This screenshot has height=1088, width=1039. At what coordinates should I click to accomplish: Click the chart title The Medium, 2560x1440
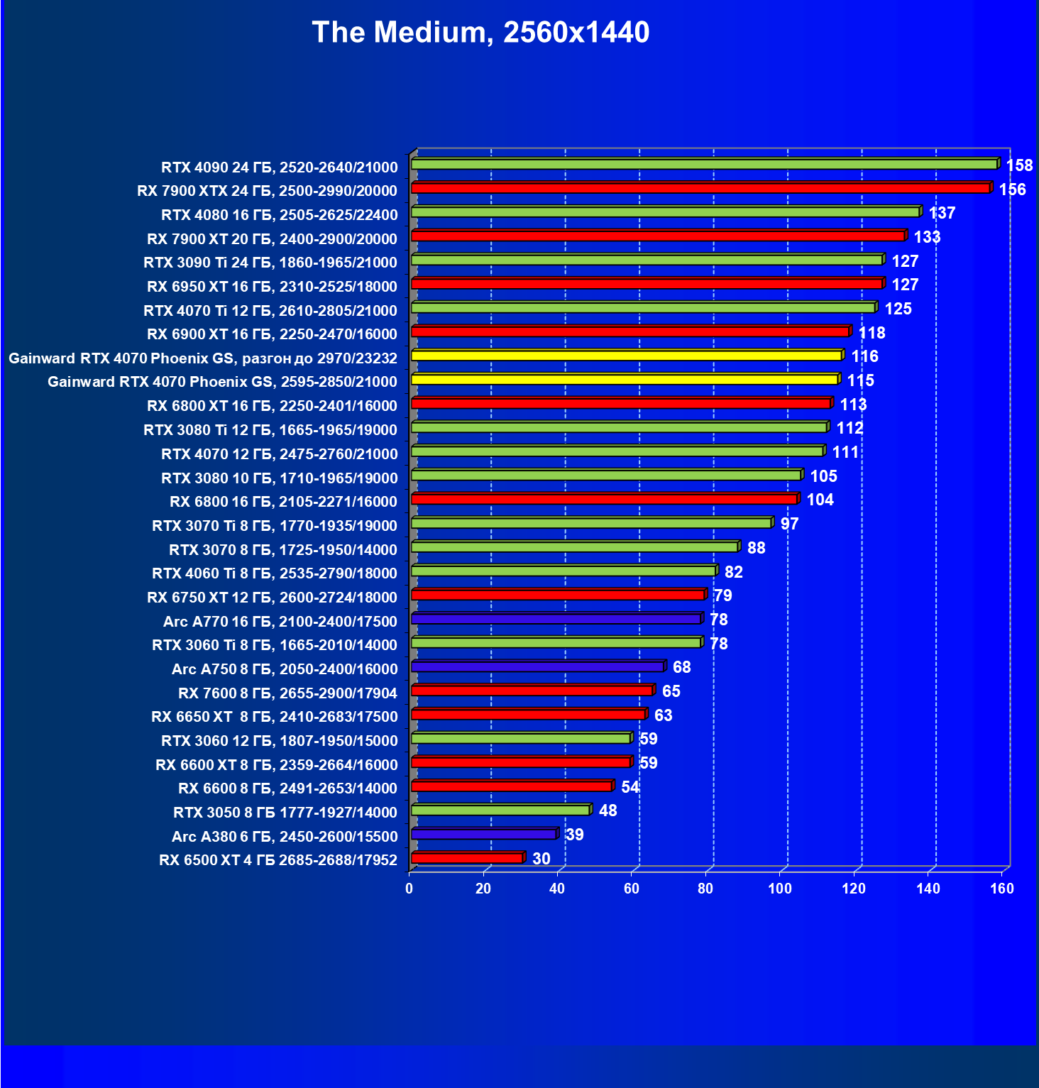click(480, 33)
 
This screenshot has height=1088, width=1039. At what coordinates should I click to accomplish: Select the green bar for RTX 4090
click(704, 165)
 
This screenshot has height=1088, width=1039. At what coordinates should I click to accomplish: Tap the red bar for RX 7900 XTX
click(700, 188)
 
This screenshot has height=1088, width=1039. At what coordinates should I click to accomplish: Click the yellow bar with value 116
click(626, 356)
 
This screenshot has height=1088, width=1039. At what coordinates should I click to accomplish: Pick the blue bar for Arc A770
click(556, 619)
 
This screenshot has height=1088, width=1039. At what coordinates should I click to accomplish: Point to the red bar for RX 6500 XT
click(467, 858)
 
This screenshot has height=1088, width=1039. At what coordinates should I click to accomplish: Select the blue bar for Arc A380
click(483, 834)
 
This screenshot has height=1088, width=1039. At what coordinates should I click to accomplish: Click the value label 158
click(1019, 165)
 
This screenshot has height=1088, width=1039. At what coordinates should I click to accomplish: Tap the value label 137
click(942, 213)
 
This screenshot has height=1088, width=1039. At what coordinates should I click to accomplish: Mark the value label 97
click(789, 524)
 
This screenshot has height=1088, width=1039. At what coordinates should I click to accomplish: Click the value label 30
click(541, 859)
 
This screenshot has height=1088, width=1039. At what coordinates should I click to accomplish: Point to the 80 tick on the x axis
click(705, 889)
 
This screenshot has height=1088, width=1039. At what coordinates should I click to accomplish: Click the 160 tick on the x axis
click(1002, 889)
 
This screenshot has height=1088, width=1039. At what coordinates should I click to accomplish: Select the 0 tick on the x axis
click(409, 889)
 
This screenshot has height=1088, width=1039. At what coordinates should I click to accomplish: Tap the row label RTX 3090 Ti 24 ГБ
click(270, 263)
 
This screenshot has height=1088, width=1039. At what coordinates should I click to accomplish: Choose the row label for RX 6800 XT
click(272, 406)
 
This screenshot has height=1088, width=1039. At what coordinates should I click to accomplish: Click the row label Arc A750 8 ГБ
click(285, 669)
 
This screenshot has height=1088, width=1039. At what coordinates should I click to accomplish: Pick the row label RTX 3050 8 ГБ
click(285, 813)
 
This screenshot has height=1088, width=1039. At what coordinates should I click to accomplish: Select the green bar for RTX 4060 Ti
click(564, 571)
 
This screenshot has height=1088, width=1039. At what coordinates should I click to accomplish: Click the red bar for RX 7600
click(532, 691)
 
